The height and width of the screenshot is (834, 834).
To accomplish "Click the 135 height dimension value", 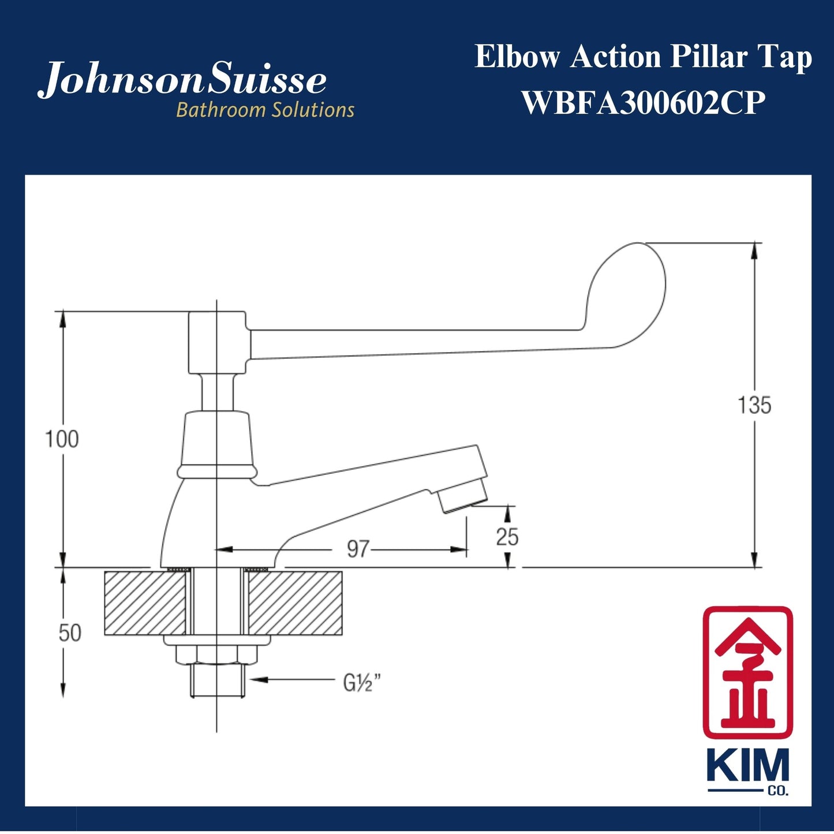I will pos(754,405).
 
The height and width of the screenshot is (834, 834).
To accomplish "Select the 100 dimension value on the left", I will pos(62,439).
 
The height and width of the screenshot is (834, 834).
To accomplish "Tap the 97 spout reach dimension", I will pos(357,549).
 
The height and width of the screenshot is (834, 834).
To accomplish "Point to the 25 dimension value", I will pos(507,537).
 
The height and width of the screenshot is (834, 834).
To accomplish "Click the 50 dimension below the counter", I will pos(69,633).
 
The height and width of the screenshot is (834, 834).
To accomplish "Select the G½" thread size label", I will pos(362,683).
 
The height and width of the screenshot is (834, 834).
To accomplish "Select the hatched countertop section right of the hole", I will pos(294,603).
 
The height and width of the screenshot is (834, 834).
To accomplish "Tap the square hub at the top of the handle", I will pos(218,342).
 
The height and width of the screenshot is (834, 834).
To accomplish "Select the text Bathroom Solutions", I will pos(265,110).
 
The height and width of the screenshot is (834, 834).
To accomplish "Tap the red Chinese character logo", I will pos(747,672).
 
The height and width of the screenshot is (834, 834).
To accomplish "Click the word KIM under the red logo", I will pos(747,766).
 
